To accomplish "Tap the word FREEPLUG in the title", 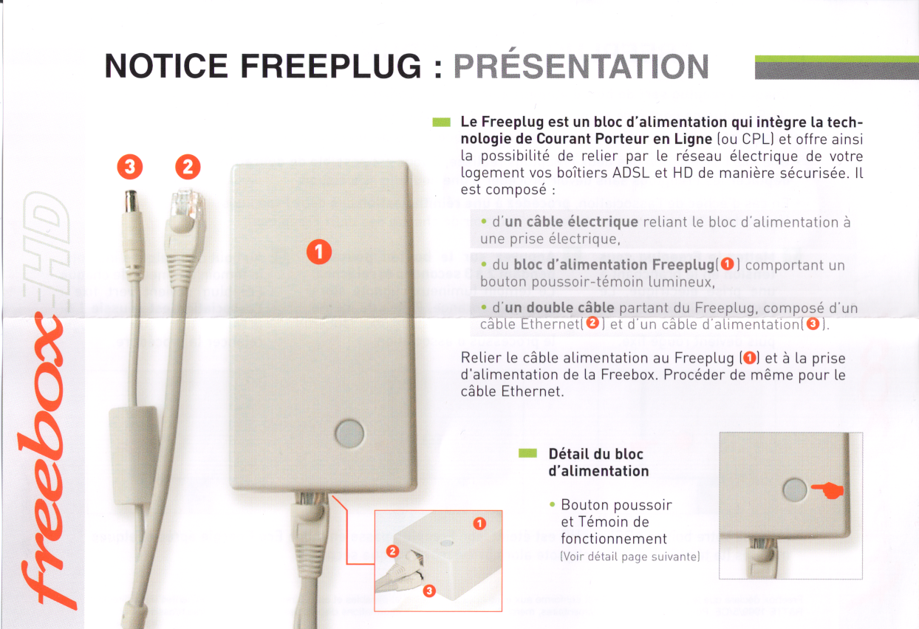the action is [x=331, y=66].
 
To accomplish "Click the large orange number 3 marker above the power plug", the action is [x=130, y=167].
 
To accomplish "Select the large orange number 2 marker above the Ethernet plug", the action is [x=188, y=167].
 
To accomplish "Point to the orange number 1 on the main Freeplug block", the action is [x=319, y=251].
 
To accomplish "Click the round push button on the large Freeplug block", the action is [x=349, y=433].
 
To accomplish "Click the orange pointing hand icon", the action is [x=828, y=490].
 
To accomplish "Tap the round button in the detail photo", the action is [x=795, y=489].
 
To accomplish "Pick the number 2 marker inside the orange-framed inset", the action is [x=392, y=551].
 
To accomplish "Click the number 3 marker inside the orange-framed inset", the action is [x=429, y=591].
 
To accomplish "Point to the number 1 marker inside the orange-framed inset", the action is [x=479, y=523].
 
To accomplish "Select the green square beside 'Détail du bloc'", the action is [x=527, y=453].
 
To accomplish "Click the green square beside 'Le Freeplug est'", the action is [x=442, y=123].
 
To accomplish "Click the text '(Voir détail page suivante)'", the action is [x=630, y=557].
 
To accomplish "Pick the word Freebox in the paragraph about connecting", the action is [x=628, y=375].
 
